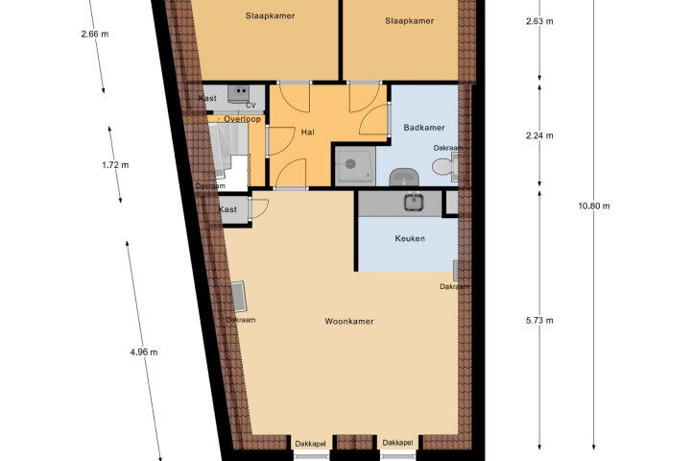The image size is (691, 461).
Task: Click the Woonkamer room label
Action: (349, 321)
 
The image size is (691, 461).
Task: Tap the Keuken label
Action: (410, 238)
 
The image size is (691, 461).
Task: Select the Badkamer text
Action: (424, 128)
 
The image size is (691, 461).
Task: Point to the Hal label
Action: (308, 132)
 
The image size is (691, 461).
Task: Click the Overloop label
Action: (242, 119)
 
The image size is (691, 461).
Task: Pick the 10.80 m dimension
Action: (594, 206)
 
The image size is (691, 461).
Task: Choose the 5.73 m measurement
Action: (539, 320)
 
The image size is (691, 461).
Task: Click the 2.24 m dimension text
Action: (539, 135)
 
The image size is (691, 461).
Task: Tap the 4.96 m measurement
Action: (144, 352)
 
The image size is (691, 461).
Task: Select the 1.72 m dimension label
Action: (115, 165)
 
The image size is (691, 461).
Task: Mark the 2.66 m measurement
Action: (95, 34)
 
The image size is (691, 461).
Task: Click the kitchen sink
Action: (414, 202)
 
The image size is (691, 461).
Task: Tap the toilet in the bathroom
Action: (443, 167)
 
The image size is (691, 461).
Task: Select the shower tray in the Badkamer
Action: (355, 166)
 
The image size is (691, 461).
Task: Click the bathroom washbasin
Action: (404, 178)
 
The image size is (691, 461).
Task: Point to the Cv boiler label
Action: (250, 105)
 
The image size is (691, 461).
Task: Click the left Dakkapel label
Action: (311, 443)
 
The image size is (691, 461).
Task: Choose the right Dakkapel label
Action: (398, 443)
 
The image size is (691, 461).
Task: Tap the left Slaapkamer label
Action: (270, 16)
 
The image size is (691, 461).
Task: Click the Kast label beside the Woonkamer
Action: (227, 209)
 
